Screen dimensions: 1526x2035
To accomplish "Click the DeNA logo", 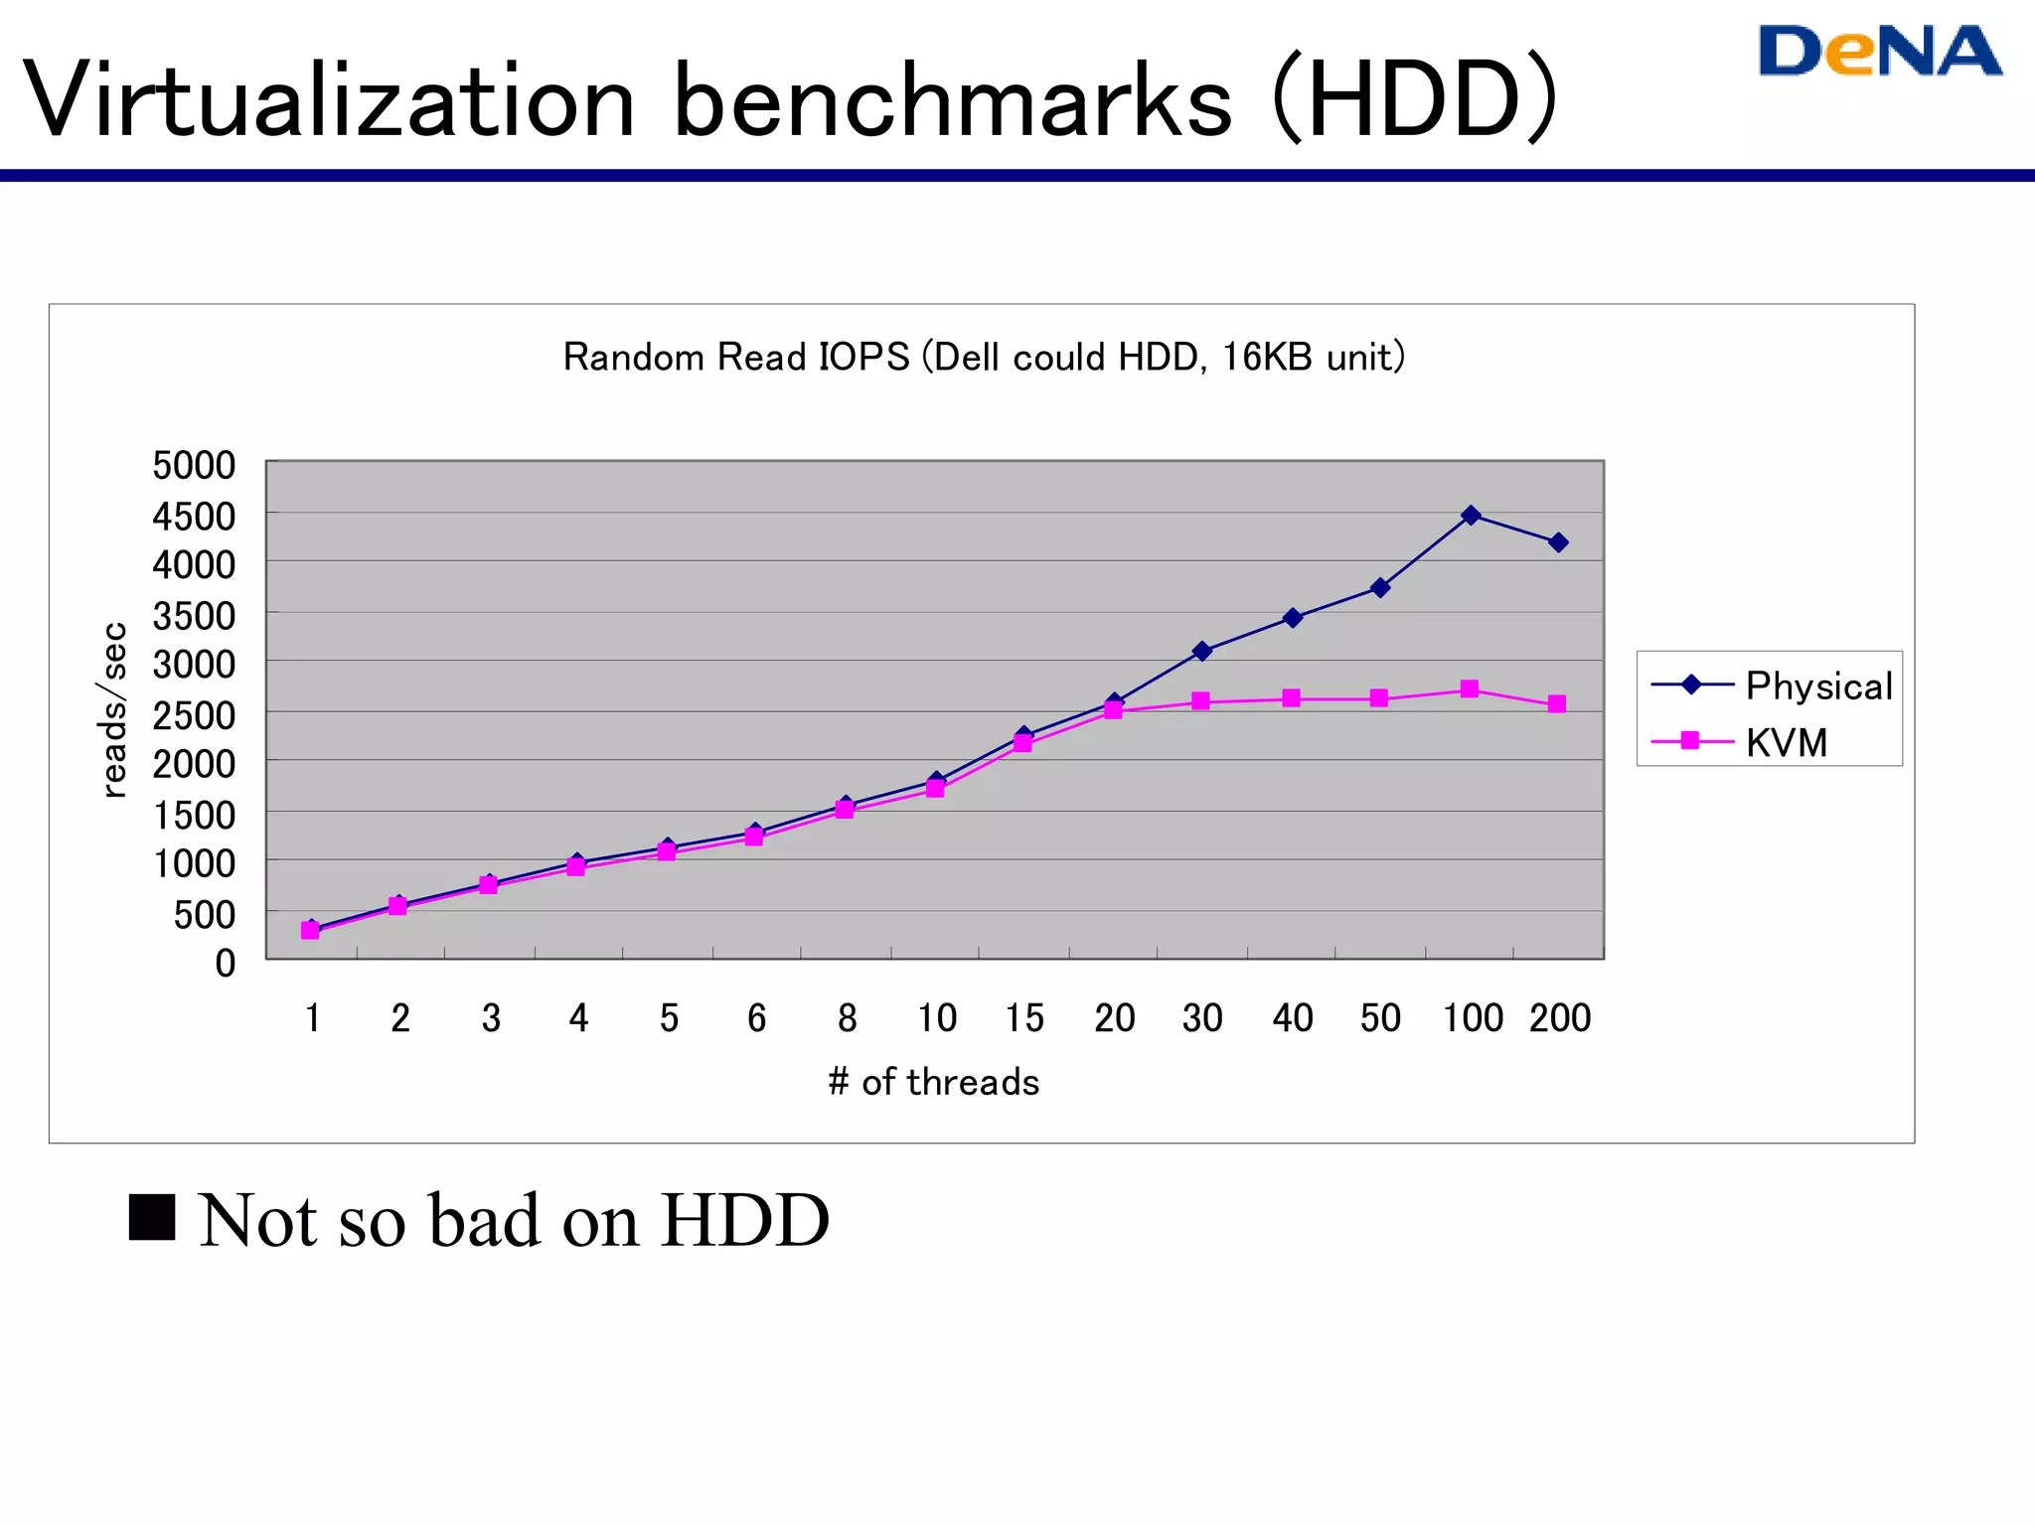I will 1879,52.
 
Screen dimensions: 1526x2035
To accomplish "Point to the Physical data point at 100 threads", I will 1471,515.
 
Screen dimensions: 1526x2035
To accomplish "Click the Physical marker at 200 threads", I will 1558,542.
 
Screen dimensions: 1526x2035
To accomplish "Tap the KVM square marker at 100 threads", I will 1470,689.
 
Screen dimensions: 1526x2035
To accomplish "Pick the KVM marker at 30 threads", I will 1200,701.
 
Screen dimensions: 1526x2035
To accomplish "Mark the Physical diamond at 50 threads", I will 1380,588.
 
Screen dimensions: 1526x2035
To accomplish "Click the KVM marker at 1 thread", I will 310,931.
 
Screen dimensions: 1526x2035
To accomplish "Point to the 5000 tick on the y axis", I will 194,465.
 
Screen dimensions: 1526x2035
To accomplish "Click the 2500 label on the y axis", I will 194,713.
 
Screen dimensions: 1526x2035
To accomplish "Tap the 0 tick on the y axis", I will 226,963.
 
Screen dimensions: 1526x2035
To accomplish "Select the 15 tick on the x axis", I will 1023,1018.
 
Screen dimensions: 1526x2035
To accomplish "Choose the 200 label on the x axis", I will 1560,1018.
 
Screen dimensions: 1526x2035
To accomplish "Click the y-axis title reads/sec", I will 115,709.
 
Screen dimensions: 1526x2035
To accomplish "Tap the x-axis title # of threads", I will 933,1082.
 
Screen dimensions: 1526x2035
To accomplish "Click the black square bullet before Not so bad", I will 152,1217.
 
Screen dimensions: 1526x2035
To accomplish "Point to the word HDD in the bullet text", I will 745,1220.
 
